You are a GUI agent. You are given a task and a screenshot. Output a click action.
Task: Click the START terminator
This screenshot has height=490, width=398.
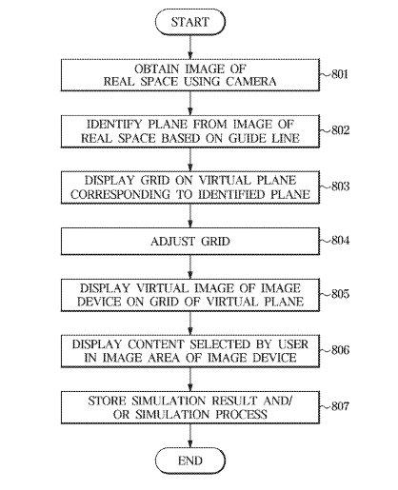[x=190, y=22]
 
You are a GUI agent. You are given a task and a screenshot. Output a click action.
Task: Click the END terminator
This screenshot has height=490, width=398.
[x=190, y=461]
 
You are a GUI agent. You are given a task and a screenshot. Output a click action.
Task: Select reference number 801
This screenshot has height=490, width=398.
[x=340, y=74]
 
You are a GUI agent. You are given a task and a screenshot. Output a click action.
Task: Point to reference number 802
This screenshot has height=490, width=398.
[x=340, y=130]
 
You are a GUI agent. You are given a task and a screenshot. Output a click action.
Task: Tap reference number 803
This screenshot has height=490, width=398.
[x=340, y=186]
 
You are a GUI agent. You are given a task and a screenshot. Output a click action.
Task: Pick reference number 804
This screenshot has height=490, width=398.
[x=340, y=241]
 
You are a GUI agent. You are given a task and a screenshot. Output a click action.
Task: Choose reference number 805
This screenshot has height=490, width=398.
[x=340, y=294]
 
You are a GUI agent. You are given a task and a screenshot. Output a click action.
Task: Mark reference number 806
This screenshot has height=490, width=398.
[x=340, y=350]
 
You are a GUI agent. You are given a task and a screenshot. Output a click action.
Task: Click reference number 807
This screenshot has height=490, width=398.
[x=340, y=406]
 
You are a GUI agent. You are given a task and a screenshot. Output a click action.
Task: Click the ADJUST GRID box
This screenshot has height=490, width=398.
[x=190, y=242]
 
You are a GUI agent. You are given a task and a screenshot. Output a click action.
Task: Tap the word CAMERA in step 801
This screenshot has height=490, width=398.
[x=251, y=82]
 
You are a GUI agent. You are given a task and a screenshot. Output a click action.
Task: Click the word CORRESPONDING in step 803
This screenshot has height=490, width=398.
[x=120, y=194]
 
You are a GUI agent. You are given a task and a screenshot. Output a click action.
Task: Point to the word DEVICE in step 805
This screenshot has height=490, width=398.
[x=99, y=302]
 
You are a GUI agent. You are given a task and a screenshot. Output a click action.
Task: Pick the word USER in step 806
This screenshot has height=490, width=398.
[x=293, y=344]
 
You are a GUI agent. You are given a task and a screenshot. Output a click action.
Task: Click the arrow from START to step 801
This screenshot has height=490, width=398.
[x=190, y=47]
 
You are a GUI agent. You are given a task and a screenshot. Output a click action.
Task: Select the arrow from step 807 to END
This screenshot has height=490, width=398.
[x=190, y=436]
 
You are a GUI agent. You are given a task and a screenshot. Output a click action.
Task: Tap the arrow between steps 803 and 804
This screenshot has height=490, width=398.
[x=190, y=216]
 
